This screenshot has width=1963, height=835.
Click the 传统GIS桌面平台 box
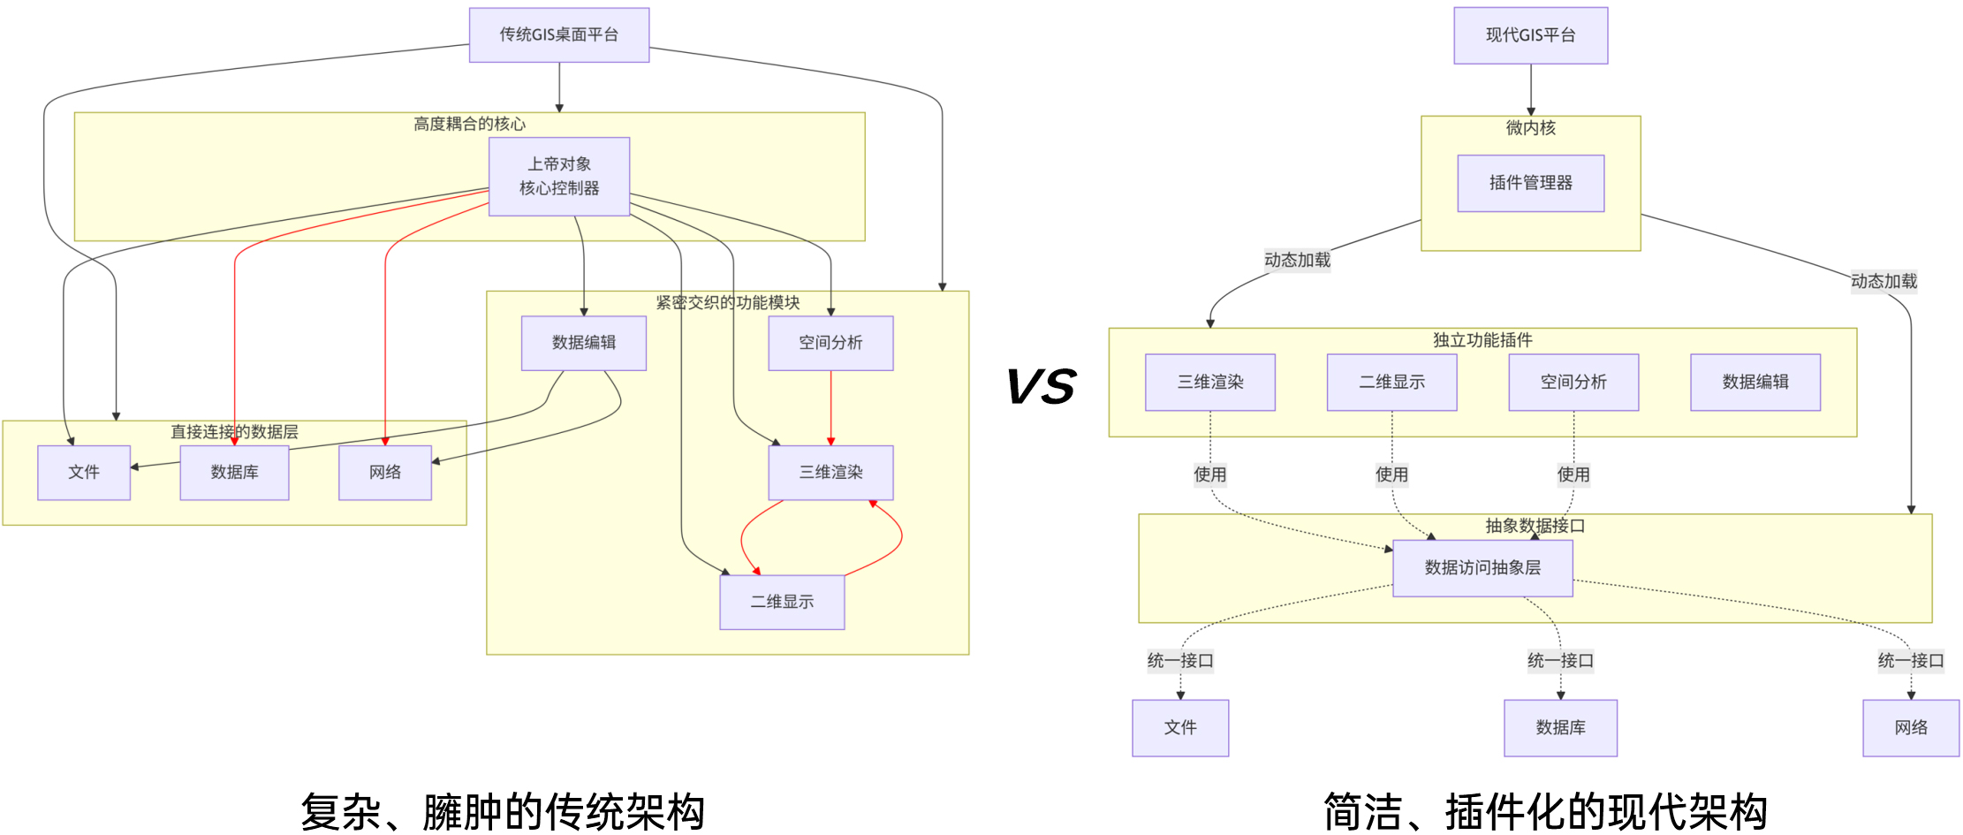(558, 35)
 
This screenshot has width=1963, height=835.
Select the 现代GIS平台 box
(1530, 35)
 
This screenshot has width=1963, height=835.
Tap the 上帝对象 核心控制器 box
(559, 176)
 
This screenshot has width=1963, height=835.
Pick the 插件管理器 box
(1530, 183)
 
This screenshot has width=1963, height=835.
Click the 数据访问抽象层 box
(1482, 568)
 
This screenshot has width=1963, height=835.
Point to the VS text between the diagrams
(1041, 387)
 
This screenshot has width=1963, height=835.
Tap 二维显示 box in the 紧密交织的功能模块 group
(782, 602)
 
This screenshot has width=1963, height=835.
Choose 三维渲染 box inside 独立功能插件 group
(1209, 382)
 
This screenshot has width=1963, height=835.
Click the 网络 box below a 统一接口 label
(1910, 727)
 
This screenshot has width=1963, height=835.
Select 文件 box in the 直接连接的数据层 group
(84, 472)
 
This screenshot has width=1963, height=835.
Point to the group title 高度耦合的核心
(469, 125)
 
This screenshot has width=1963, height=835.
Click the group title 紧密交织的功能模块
(727, 303)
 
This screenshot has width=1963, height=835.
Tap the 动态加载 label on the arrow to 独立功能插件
(1296, 260)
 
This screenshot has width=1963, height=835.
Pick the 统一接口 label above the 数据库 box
(1560, 661)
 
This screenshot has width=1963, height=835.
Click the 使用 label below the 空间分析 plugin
(1573, 474)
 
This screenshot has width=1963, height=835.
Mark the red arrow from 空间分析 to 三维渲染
(830, 406)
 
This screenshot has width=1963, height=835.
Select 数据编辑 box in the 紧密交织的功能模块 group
(583, 342)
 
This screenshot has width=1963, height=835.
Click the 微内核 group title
(1530, 128)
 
